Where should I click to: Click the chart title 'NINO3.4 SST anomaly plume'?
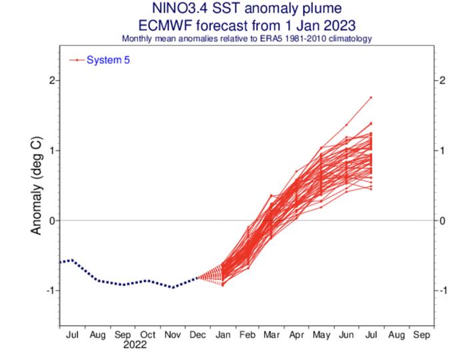[x=246, y=9]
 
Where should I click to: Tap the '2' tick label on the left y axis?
[x=51, y=81]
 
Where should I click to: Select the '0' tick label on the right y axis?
[x=442, y=221]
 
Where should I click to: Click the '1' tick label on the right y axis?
[x=442, y=151]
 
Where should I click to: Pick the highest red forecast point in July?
[x=370, y=97]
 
